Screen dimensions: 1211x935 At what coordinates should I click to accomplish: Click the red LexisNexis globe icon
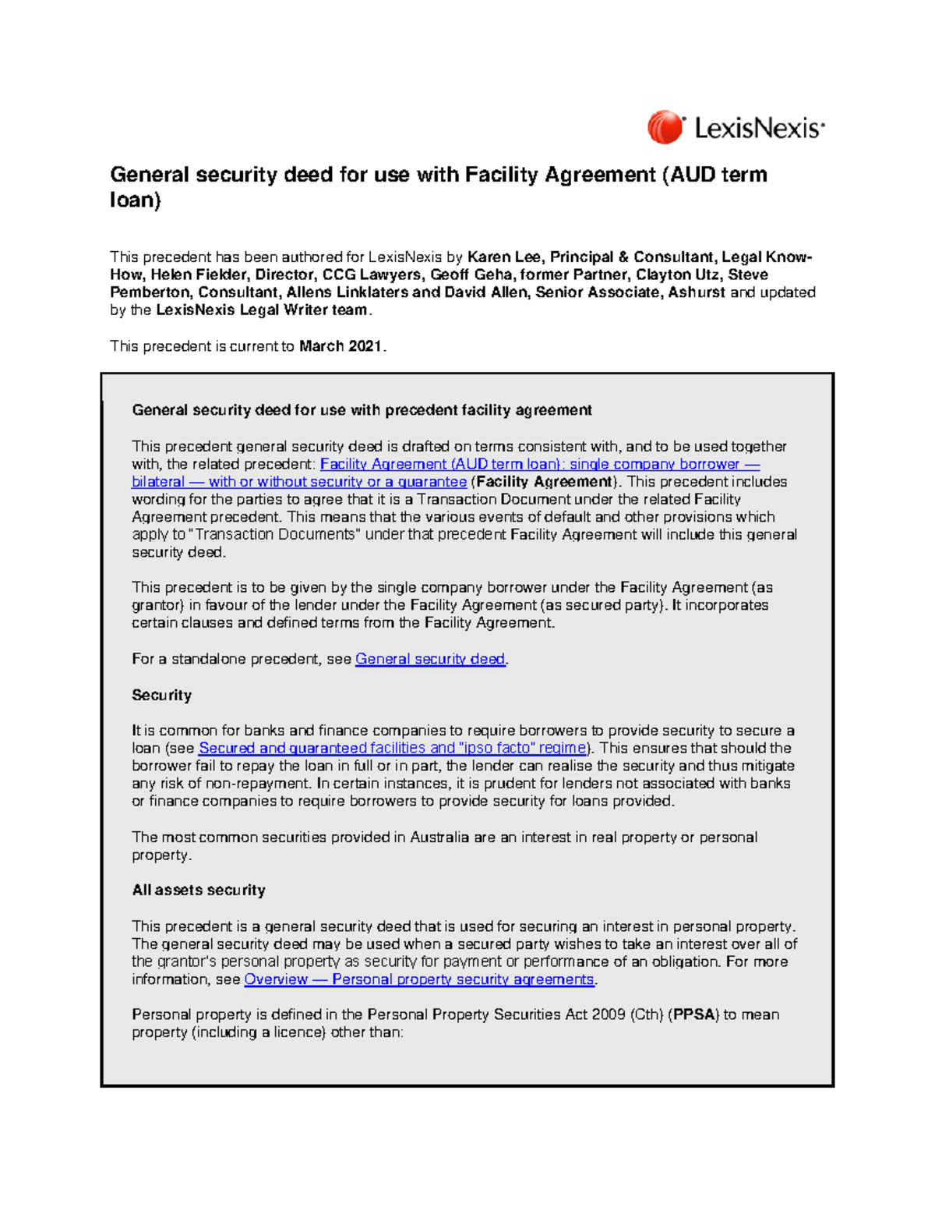click(665, 127)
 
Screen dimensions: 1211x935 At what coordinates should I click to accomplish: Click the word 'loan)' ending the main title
click(136, 200)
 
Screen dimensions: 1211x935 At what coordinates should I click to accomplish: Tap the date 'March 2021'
click(340, 346)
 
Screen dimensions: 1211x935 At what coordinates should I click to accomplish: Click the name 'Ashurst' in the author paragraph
click(697, 292)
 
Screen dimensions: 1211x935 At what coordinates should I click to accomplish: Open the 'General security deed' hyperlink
click(430, 659)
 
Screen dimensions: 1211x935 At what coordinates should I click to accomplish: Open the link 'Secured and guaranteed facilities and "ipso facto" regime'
click(393, 748)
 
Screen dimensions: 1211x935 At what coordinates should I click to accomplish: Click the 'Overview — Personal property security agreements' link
click(419, 979)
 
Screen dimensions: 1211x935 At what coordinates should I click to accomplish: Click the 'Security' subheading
click(161, 695)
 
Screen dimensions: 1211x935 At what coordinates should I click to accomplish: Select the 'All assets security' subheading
click(199, 890)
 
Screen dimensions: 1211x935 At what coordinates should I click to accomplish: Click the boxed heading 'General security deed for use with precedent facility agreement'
click(362, 410)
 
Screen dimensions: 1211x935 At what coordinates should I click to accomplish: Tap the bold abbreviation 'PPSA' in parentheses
click(694, 1014)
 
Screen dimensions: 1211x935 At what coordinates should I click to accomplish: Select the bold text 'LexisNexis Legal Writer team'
click(261, 310)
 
